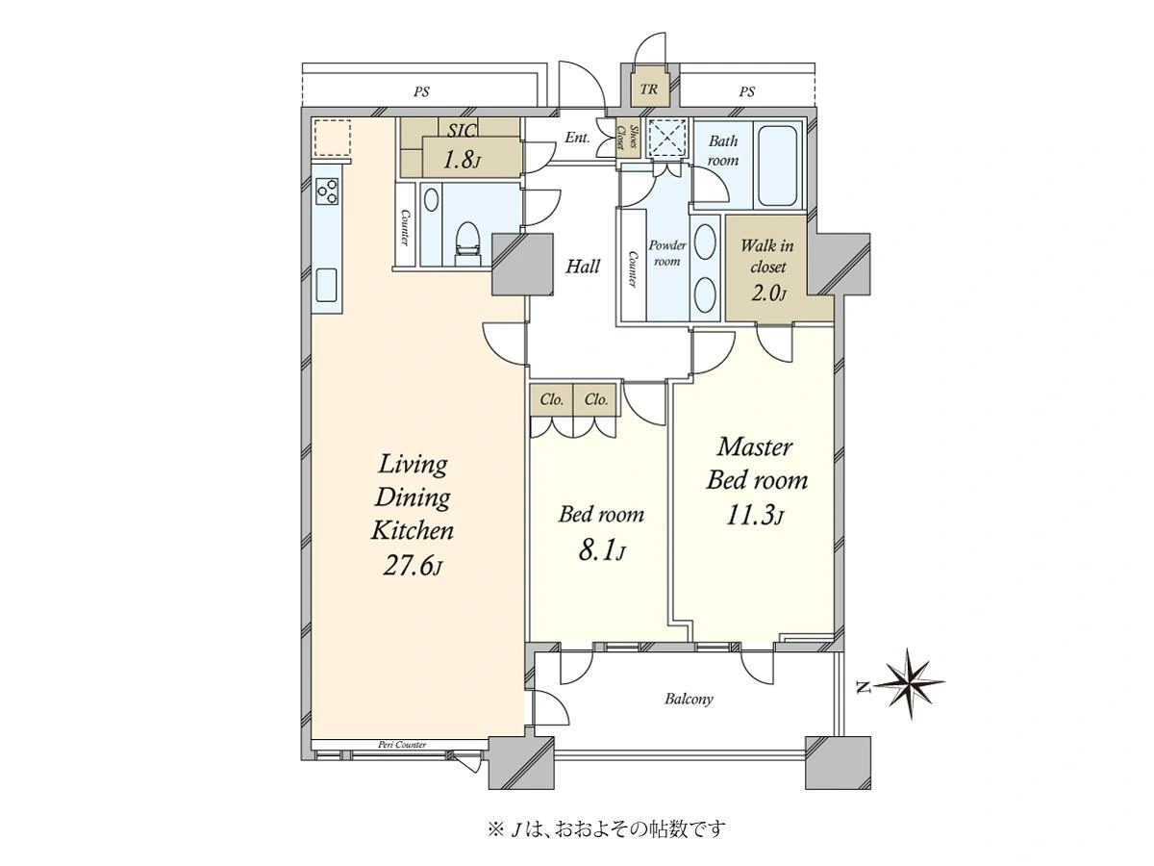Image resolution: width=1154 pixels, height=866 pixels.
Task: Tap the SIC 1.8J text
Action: click(x=461, y=146)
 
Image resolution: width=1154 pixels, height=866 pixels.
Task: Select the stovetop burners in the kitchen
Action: click(x=326, y=191)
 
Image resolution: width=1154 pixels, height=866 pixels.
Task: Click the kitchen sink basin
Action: click(x=326, y=285)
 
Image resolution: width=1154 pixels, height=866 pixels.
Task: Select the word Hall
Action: click(x=582, y=267)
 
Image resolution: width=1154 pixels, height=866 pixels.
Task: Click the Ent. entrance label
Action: click(x=577, y=138)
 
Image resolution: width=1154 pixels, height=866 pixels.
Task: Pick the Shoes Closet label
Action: click(x=627, y=138)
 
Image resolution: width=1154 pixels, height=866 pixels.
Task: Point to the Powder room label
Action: click(x=666, y=253)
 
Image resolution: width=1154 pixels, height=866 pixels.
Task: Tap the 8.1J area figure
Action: click(x=601, y=551)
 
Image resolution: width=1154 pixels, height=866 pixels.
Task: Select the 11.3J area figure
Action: click(x=755, y=516)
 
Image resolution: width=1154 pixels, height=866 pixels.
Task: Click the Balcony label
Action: click(x=689, y=699)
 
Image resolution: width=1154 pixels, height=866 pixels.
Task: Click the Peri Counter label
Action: click(x=402, y=745)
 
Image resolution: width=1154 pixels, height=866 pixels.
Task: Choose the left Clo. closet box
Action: click(x=551, y=400)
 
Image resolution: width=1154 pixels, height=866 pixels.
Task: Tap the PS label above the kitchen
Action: click(x=421, y=92)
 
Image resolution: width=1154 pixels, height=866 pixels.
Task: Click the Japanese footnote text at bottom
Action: click(x=607, y=830)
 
